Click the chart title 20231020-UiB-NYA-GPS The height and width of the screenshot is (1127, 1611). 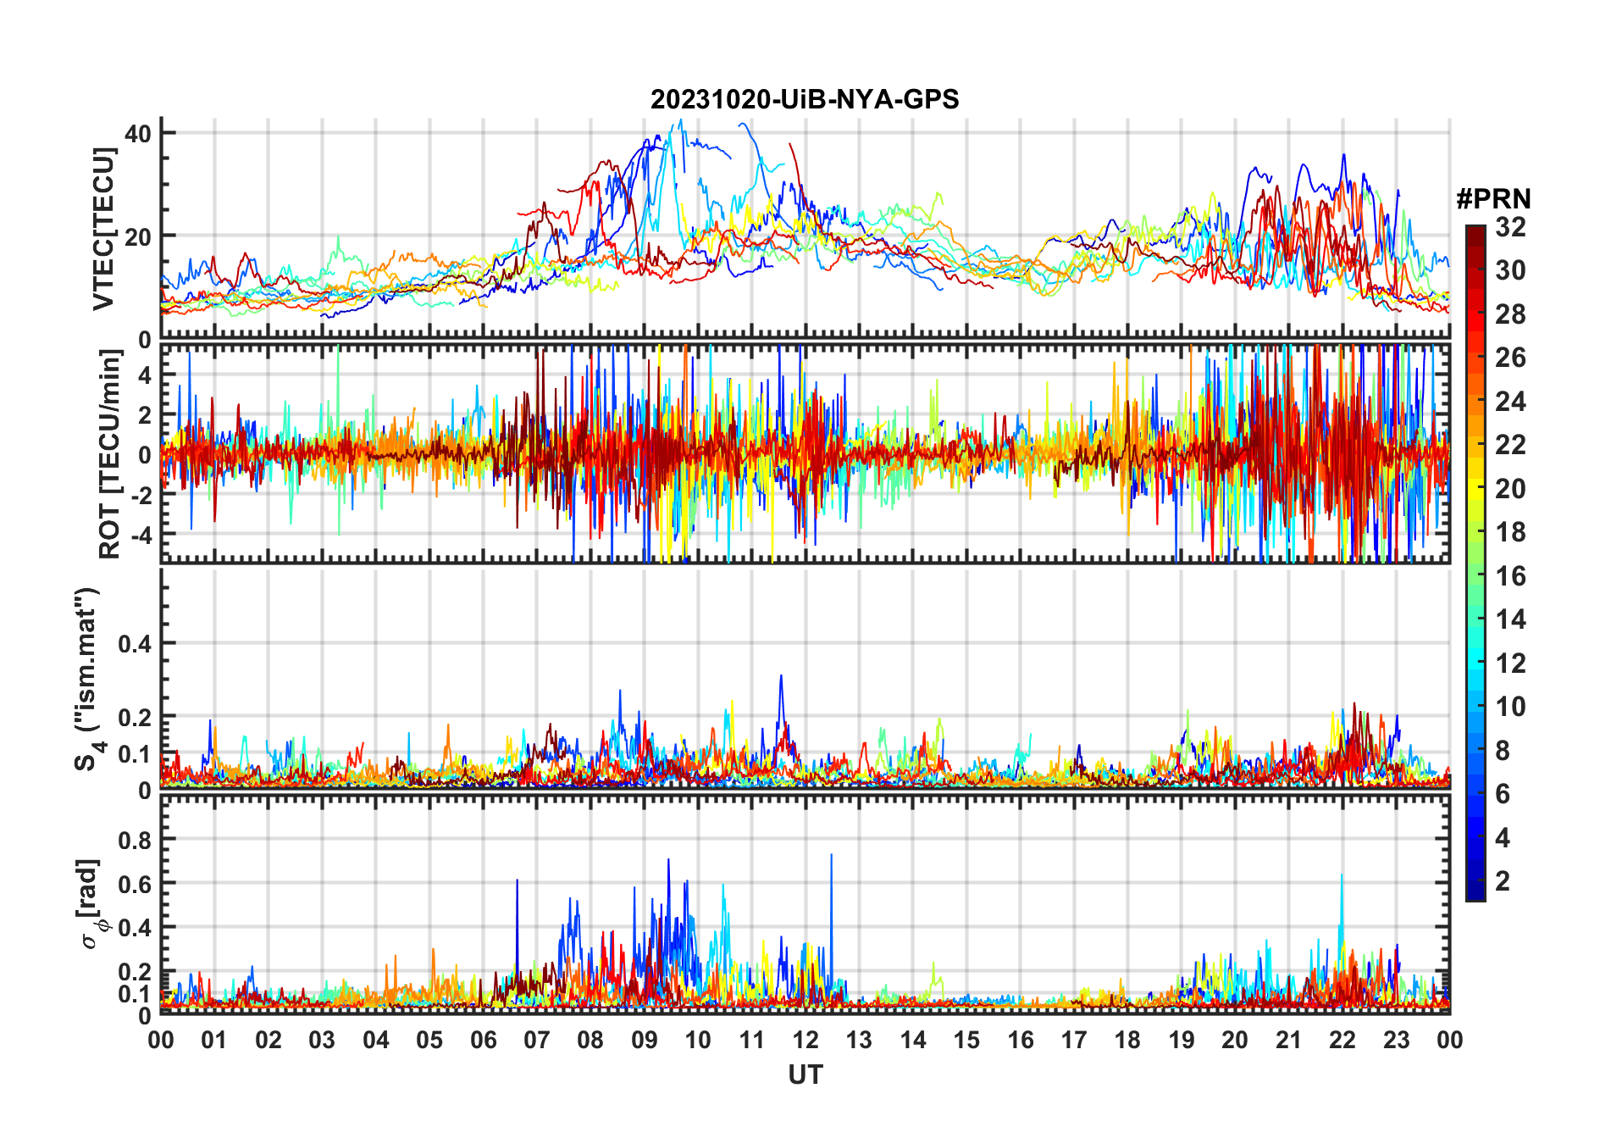pos(805,100)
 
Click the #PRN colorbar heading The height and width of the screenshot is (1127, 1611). pos(1493,199)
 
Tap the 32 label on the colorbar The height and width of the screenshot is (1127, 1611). pos(1510,227)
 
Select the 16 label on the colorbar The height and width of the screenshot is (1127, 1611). pos(1510,576)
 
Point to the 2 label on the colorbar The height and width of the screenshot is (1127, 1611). pos(1503,881)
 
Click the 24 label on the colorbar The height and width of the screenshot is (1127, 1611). pos(1510,402)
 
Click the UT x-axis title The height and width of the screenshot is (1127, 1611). pos(805,1075)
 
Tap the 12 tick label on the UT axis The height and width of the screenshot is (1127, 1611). pos(805,1040)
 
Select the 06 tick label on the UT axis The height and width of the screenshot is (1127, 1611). pos(483,1040)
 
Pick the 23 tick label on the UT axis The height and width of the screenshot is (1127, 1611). pos(1396,1040)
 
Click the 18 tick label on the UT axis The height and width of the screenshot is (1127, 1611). pos(1127,1040)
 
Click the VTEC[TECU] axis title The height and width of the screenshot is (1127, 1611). pos(103,229)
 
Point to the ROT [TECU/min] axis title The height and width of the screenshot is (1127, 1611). pos(110,454)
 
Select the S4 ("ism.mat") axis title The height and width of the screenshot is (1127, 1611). pos(87,679)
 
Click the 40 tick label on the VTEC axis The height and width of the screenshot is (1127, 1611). pos(137,133)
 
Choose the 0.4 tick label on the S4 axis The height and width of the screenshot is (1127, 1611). pos(134,644)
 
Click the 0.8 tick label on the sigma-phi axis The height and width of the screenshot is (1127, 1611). pos(134,840)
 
